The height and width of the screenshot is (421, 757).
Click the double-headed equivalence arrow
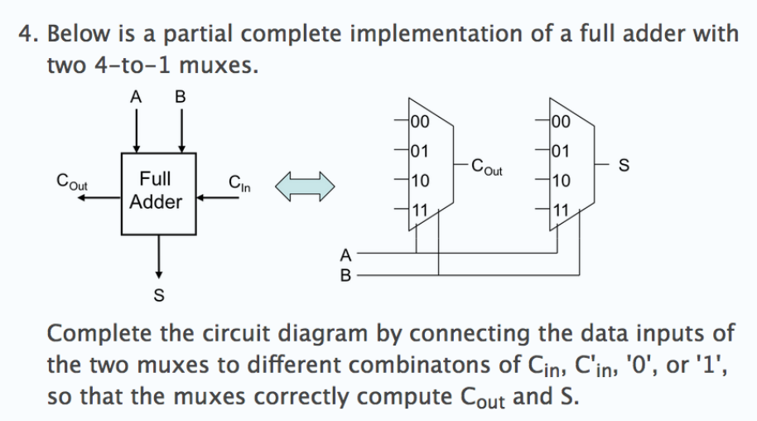(x=306, y=185)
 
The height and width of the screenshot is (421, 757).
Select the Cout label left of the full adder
(x=73, y=180)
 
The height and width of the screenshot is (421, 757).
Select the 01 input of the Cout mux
(x=419, y=151)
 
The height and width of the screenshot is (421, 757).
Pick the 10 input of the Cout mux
(x=419, y=180)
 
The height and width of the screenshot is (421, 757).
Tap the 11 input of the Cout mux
(x=419, y=209)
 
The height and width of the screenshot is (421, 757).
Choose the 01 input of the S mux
(x=560, y=151)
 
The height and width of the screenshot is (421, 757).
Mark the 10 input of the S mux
(x=560, y=180)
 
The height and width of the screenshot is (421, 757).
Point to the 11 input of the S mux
(x=560, y=209)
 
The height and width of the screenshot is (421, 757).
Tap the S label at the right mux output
(x=624, y=167)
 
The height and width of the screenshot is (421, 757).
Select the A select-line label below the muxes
(x=345, y=254)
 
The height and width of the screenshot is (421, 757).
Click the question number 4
(x=26, y=35)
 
